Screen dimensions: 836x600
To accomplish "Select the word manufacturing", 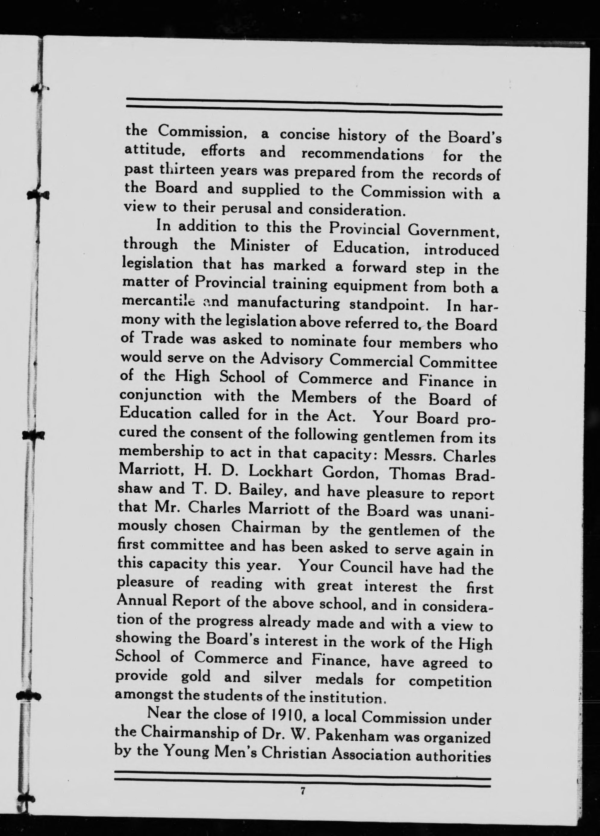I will click(x=288, y=303).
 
